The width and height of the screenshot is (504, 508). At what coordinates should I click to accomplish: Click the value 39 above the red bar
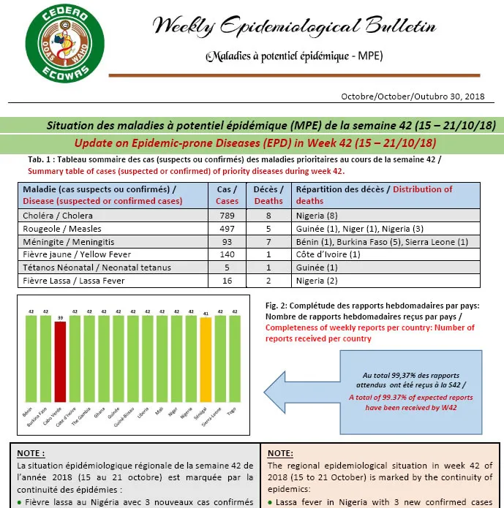tap(60, 318)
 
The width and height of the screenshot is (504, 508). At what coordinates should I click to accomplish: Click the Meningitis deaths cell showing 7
tap(268, 241)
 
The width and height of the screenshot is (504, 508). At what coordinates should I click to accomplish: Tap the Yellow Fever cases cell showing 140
tap(227, 254)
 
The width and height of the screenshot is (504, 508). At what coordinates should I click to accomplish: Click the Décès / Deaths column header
tap(268, 194)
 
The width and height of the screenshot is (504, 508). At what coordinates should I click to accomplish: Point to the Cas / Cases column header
tap(227, 194)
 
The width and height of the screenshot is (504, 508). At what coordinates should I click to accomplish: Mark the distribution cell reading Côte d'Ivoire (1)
tap(328, 254)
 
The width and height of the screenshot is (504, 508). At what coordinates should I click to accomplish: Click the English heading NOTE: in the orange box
tap(282, 452)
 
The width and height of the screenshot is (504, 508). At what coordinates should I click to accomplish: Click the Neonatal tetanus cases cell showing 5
tap(227, 267)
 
